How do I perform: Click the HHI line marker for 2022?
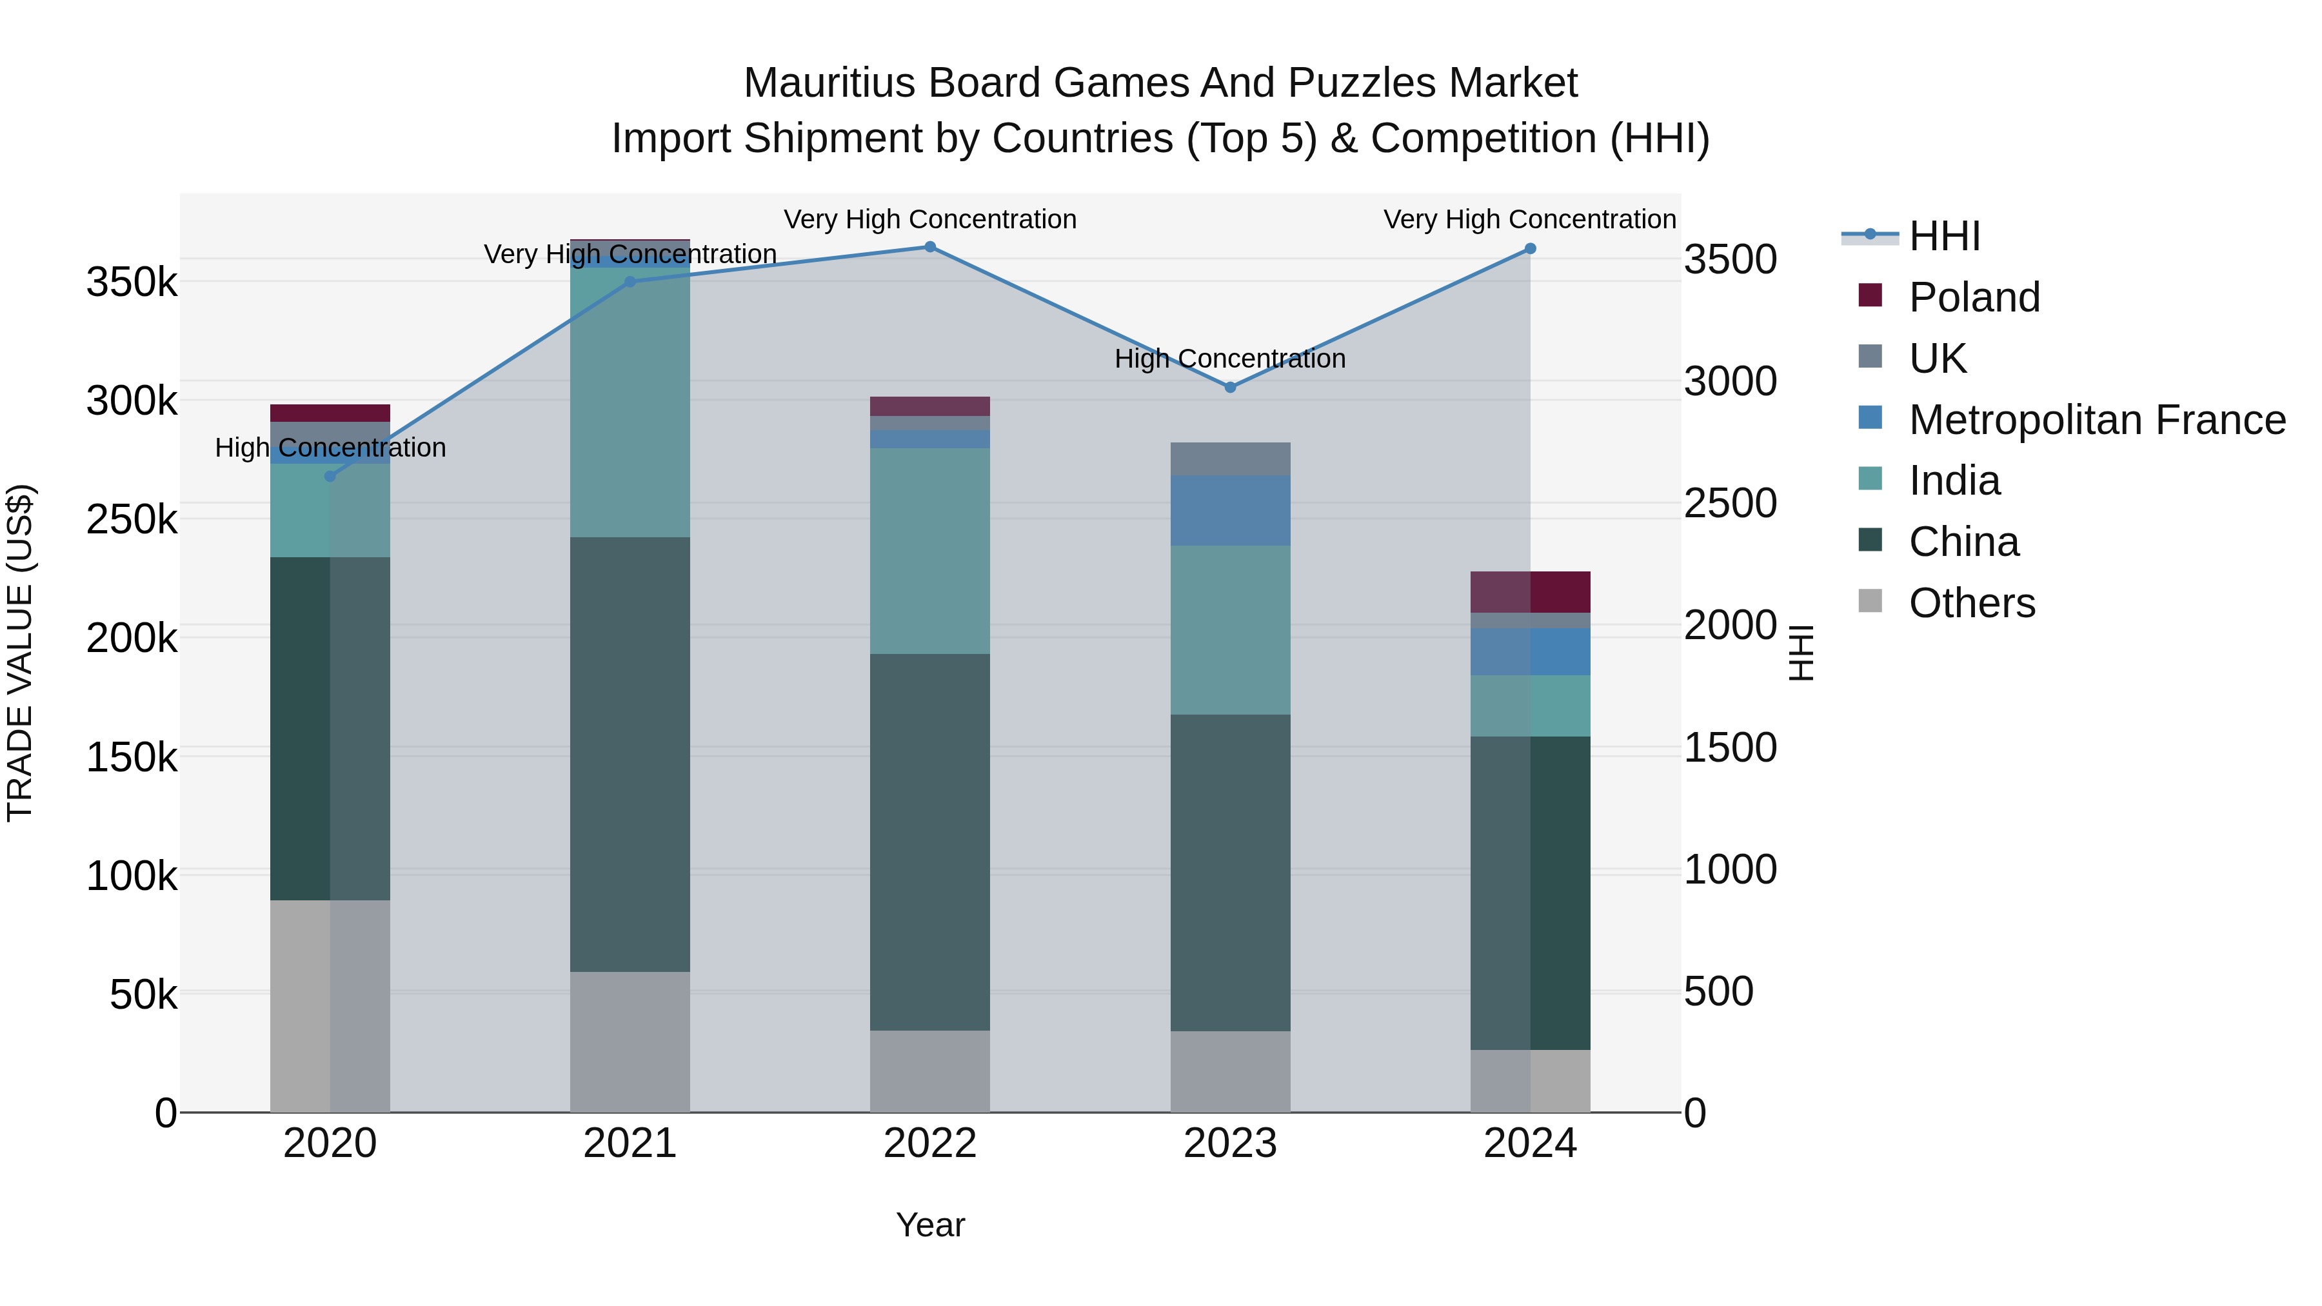(929, 247)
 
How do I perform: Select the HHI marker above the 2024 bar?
(1530, 249)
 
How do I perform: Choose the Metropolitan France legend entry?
(2097, 420)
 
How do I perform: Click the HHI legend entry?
(1943, 236)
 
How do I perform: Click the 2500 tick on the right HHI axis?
(1730, 504)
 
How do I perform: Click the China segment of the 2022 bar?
(929, 843)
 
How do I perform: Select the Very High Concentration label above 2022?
(929, 220)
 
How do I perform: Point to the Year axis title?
(929, 1225)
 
